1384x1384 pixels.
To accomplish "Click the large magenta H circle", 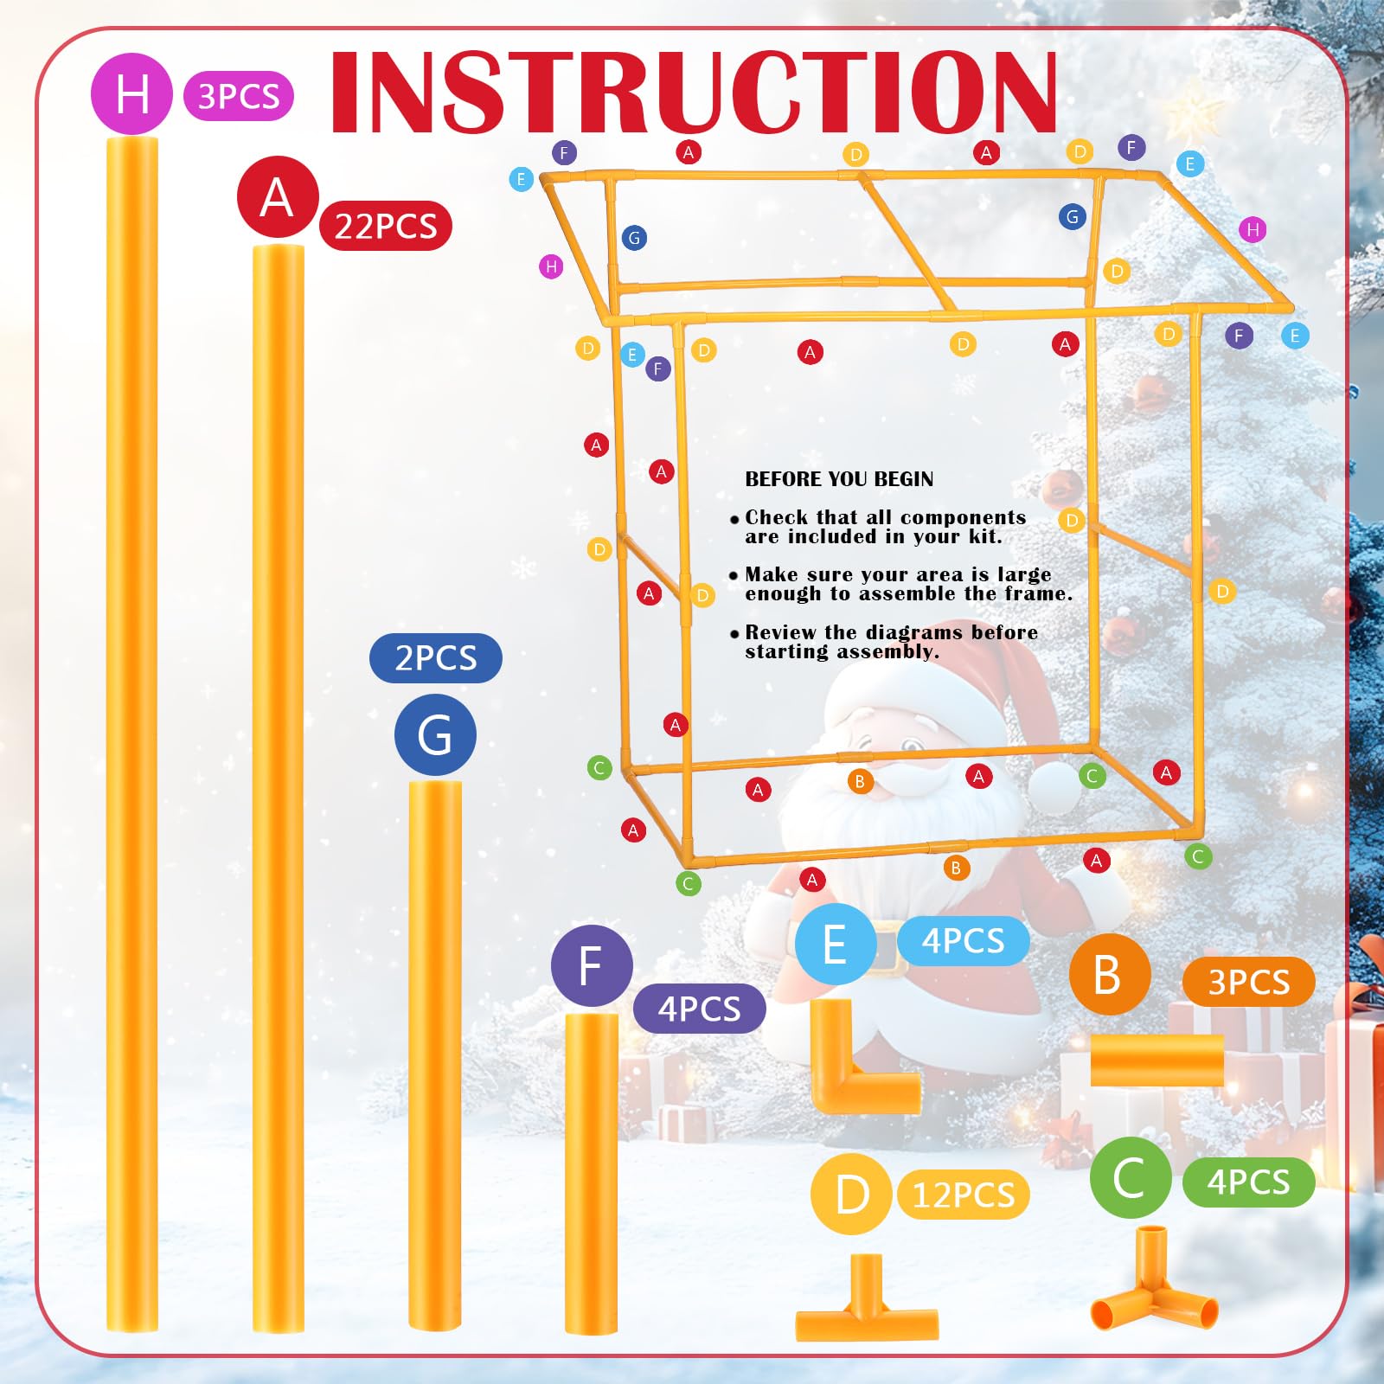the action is pos(131,93).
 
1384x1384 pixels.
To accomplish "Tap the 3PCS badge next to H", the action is pos(239,96).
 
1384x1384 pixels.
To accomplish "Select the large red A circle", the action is pos(278,196).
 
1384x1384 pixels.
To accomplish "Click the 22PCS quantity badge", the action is pos(386,226).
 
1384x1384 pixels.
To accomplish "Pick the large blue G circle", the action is pos(435,734).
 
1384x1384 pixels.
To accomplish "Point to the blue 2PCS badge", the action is pos(436,658).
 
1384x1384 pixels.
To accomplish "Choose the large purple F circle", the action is pos(592,965).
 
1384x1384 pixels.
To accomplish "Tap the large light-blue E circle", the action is pos(836,944).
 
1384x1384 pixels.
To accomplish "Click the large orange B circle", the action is pos(1110,974).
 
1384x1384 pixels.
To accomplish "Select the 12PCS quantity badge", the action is pos(964,1195).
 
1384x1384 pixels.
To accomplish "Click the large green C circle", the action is pos(1131,1177).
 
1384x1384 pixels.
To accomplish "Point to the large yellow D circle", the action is pos(852,1195).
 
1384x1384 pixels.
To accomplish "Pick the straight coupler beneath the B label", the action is pos(1157,1060).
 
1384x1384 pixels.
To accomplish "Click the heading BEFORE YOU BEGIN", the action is pos(839,479).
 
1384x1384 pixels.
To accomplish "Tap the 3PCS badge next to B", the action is pos(1249,982).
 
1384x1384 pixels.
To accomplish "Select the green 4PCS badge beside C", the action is pos(1249,1182).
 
